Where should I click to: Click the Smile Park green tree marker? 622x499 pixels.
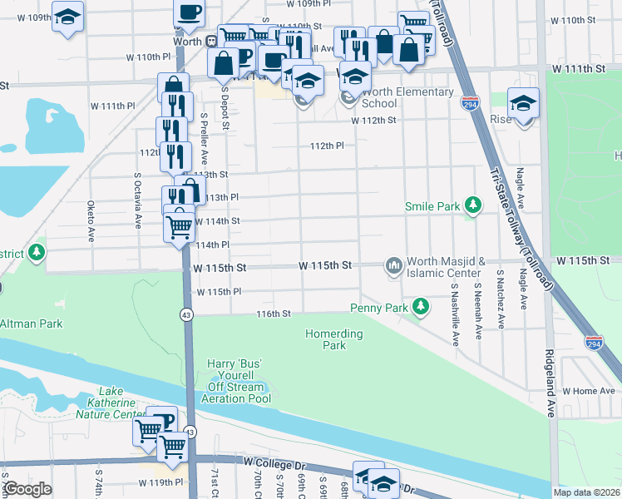click(x=473, y=205)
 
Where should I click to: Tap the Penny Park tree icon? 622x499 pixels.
click(x=422, y=307)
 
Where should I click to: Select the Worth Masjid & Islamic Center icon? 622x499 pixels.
click(x=393, y=265)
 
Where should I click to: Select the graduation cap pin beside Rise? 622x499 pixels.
click(x=523, y=104)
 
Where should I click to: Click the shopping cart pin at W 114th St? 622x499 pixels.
click(x=180, y=225)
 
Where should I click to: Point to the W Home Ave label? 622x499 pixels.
click(x=588, y=390)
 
